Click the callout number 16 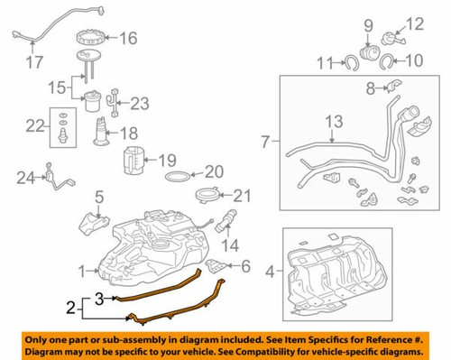coord(128,38)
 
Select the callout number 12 coord(414,23)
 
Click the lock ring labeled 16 coord(95,38)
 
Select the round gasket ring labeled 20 coord(181,173)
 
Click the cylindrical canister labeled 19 coord(135,162)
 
